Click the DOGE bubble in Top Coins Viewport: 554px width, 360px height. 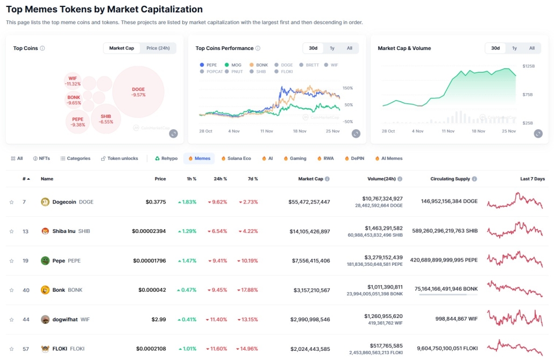click(x=138, y=91)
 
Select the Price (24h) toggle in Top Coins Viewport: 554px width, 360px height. click(x=158, y=48)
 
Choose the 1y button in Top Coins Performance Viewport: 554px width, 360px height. click(x=332, y=48)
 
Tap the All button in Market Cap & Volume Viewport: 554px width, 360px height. click(x=531, y=48)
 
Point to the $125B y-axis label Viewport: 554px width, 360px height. click(x=529, y=66)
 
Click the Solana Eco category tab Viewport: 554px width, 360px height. click(x=236, y=159)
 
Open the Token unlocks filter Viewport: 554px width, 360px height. click(x=119, y=159)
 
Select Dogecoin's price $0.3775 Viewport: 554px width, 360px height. click(x=156, y=202)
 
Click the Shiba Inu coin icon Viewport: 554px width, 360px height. click(x=45, y=231)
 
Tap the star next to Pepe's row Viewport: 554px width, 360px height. click(x=11, y=261)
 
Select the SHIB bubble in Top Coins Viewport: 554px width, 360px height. click(x=106, y=118)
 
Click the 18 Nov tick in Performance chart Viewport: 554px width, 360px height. click(x=300, y=131)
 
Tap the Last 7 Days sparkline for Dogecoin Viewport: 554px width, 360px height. click(x=515, y=202)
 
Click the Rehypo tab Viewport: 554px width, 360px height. click(x=166, y=159)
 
